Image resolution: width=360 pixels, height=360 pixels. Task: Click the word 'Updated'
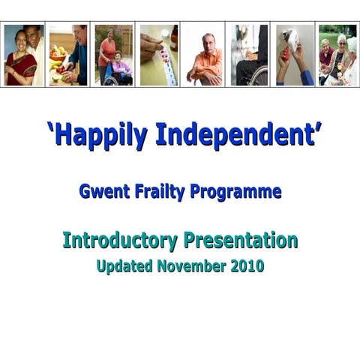[125, 265]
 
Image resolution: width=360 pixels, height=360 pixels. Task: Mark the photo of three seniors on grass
[337, 55]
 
